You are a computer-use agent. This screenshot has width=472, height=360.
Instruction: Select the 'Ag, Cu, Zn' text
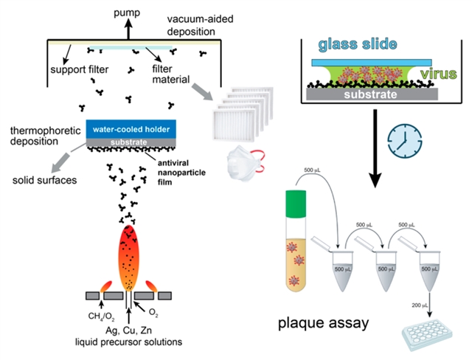pos(139,330)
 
